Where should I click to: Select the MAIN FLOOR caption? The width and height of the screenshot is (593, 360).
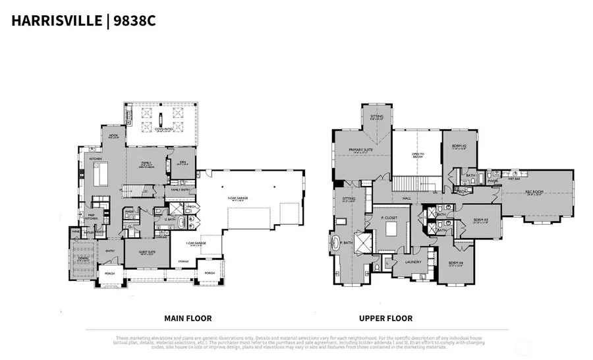coord(188,318)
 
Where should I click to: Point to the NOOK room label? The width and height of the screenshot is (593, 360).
coord(113,136)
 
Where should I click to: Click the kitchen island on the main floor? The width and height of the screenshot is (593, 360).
coord(103,175)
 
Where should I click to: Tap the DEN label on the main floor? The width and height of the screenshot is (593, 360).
coord(182,162)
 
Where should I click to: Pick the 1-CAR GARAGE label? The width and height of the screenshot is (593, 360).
coord(196,243)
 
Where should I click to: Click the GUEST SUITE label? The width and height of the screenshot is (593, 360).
coord(147,251)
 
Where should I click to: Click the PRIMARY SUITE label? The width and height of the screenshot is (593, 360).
coord(361,150)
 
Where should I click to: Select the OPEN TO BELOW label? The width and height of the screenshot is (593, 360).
coord(418,155)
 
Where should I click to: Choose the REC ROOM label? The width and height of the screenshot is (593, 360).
coord(533,193)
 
